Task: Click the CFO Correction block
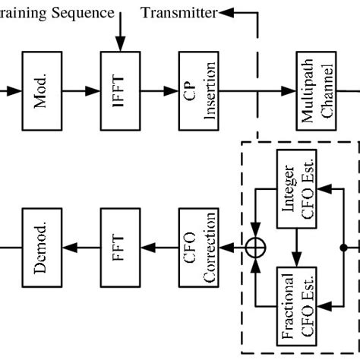[x=194, y=245]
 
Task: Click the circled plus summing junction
[x=254, y=245]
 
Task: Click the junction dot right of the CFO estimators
[x=344, y=246]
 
